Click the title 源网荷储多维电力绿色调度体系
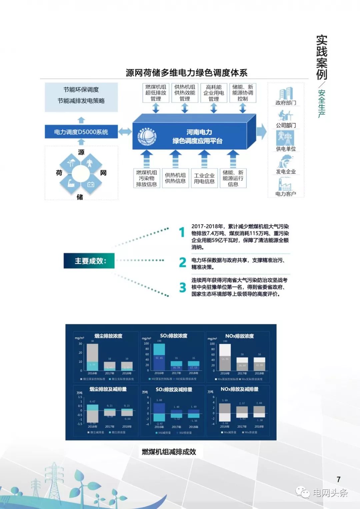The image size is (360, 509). click(186, 73)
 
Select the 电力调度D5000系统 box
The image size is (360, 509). click(81, 132)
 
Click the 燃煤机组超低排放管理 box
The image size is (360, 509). click(156, 93)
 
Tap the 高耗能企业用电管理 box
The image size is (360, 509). click(214, 93)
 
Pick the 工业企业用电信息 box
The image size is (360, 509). click(204, 178)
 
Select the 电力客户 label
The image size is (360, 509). click(286, 194)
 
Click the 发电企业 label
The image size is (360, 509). click(286, 171)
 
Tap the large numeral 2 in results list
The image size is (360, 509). click(182, 263)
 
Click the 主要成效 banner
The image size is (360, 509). click(89, 261)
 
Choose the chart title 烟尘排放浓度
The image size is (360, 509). click(108, 336)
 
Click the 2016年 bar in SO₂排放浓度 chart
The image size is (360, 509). click(159, 357)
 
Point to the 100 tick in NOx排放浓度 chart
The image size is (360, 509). click(212, 344)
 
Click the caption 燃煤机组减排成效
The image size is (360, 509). click(169, 452)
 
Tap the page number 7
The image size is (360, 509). click(339, 479)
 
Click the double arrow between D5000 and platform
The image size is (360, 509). click(125, 131)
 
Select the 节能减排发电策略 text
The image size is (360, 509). click(81, 101)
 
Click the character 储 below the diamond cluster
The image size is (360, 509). click(80, 197)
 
